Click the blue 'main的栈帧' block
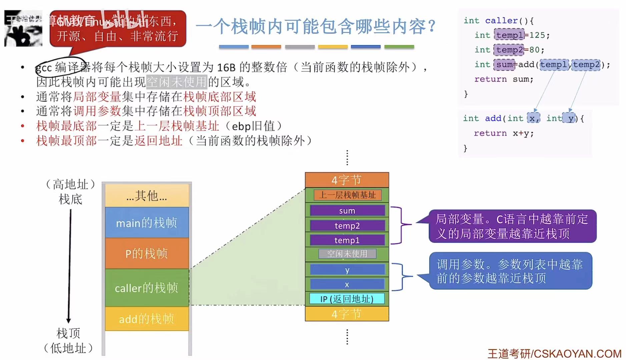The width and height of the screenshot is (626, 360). tap(147, 223)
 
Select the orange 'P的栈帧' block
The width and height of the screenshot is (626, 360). tap(147, 254)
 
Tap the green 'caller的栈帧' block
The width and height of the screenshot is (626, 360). tap(147, 288)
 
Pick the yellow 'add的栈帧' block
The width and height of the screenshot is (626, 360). tap(147, 319)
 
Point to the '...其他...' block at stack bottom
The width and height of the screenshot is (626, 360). tap(147, 196)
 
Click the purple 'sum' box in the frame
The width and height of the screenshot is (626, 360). tap(347, 211)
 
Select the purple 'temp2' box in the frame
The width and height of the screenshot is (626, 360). tap(347, 226)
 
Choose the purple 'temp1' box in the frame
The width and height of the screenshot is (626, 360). tap(347, 240)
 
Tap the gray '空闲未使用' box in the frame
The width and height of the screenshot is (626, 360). tap(347, 254)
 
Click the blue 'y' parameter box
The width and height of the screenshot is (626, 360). tap(347, 270)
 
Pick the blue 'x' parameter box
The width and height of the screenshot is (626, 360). tap(347, 284)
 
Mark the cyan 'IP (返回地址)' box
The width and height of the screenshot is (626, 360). tap(347, 299)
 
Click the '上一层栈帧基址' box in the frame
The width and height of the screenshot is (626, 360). tap(348, 195)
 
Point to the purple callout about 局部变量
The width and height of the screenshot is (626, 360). tap(512, 226)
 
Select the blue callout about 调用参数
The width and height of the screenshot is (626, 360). tap(510, 271)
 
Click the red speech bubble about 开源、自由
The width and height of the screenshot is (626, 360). tap(118, 29)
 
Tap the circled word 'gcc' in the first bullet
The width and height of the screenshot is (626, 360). tap(44, 68)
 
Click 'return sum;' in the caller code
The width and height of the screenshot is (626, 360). tap(504, 79)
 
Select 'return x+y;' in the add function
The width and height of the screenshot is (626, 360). tap(504, 133)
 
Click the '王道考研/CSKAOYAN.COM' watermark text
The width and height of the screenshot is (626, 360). tap(554, 353)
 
